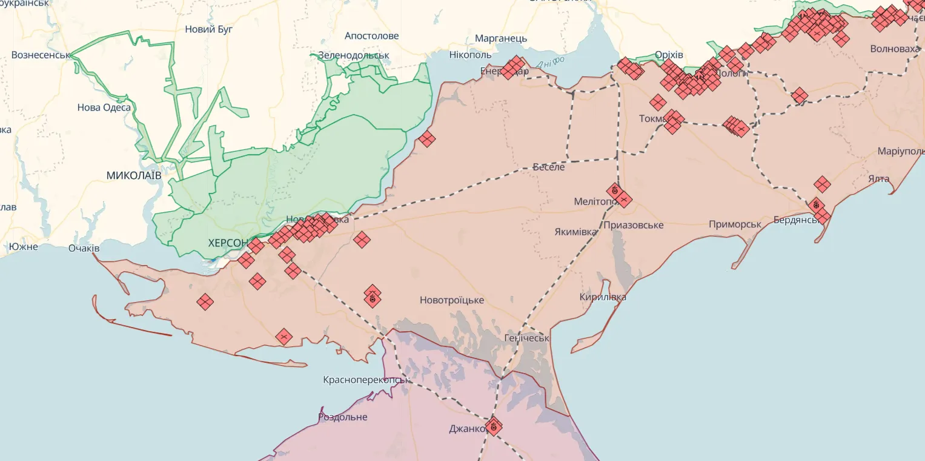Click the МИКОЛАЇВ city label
(133, 175)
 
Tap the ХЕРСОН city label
(228, 243)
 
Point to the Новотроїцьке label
(451, 300)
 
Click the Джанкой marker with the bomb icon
(493, 426)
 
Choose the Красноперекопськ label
(367, 380)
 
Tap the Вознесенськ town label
(40, 55)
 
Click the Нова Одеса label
(104, 107)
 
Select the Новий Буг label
(208, 29)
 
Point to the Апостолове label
(371, 36)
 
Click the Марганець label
(500, 38)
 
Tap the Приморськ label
(735, 224)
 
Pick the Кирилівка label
(602, 297)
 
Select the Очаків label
(84, 248)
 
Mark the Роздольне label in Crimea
(342, 417)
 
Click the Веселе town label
(548, 167)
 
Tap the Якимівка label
(575, 232)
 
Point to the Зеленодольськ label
(353, 55)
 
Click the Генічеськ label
(526, 338)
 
